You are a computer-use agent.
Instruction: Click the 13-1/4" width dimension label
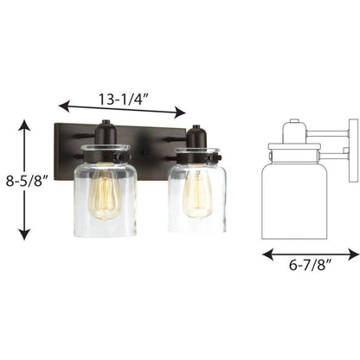(x=124, y=100)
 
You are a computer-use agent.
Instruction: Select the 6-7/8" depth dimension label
(x=310, y=265)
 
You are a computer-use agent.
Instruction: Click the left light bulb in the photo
(x=103, y=194)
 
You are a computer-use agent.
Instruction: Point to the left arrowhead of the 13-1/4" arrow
(x=64, y=106)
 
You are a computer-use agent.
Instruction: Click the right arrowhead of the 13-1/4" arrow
(x=180, y=112)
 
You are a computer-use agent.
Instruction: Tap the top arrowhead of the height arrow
(x=25, y=125)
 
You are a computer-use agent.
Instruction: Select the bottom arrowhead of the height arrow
(x=25, y=233)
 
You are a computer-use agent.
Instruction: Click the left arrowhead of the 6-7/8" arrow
(x=268, y=254)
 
